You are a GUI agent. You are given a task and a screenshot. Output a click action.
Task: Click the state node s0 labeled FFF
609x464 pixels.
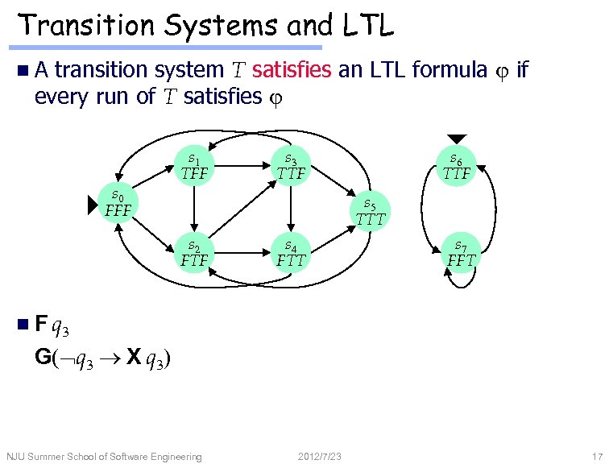coord(118,205)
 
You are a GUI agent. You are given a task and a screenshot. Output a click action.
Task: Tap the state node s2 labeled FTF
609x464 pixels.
coord(194,253)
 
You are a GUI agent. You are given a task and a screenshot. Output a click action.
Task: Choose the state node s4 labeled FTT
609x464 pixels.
coord(291,253)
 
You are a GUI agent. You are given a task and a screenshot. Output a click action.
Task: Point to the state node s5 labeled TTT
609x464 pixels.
coord(371,210)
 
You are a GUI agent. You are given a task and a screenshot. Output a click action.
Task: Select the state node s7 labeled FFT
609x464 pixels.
coord(461,253)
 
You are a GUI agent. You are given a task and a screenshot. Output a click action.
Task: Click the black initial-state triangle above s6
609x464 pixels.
coord(457,139)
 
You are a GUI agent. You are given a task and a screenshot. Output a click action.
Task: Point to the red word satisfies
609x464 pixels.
coord(291,71)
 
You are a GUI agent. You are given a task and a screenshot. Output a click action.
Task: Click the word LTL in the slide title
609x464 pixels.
coord(367,27)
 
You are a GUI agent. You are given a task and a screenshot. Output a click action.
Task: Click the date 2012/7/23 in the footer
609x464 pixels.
coord(320,457)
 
